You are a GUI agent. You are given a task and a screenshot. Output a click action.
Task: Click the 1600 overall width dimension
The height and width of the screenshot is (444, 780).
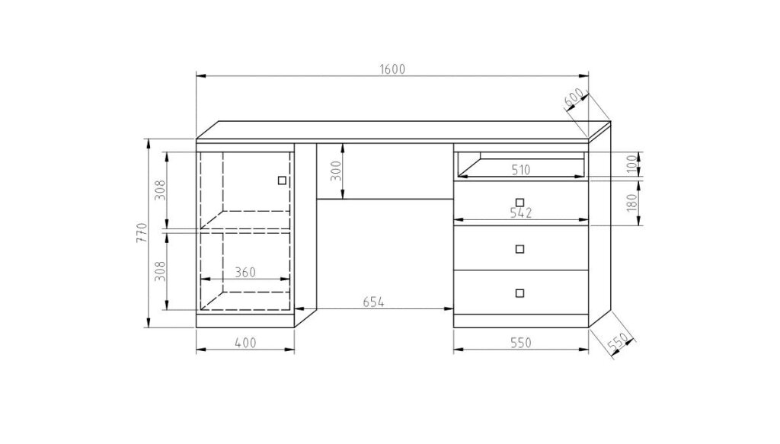[392, 69]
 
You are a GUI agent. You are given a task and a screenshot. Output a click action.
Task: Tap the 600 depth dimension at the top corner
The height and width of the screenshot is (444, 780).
[574, 100]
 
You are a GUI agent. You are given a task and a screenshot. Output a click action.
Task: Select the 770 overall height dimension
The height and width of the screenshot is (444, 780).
[142, 232]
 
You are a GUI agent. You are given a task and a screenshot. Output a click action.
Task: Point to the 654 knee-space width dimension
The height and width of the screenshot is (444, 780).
[373, 302]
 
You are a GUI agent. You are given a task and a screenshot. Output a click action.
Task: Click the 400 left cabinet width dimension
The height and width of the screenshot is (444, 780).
[245, 343]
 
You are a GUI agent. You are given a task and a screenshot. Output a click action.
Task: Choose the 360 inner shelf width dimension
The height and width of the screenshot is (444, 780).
[245, 273]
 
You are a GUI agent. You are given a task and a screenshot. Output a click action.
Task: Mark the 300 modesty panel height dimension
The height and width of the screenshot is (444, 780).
[337, 171]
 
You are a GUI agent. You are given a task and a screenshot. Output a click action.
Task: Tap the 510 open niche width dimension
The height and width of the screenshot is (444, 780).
[521, 170]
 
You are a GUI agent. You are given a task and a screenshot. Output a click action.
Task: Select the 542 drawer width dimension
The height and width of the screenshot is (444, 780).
[521, 212]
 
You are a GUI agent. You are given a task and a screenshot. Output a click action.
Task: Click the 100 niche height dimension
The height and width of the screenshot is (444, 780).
[631, 164]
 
